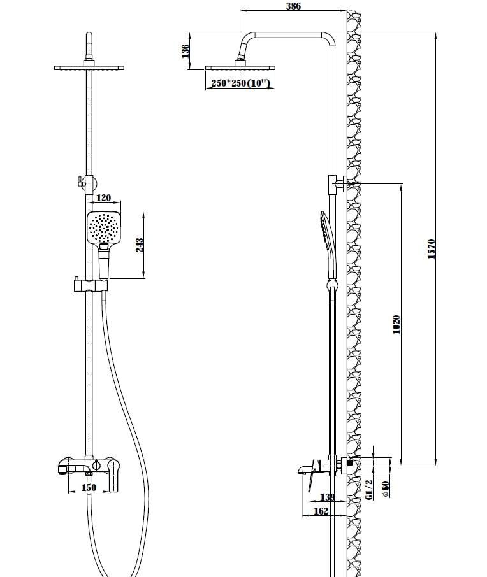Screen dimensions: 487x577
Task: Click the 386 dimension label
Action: pyautogui.click(x=293, y=6)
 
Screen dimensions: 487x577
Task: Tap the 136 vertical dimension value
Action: pyautogui.click(x=185, y=51)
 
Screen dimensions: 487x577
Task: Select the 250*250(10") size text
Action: pyautogui.click(x=240, y=83)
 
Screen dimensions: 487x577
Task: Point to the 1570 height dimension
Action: pyautogui.click(x=432, y=249)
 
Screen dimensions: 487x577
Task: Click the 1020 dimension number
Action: pyautogui.click(x=396, y=325)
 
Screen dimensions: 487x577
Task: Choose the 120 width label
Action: pyautogui.click(x=103, y=198)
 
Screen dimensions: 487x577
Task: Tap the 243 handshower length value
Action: pyautogui.click(x=140, y=245)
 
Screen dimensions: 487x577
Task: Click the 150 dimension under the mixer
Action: pyautogui.click(x=89, y=487)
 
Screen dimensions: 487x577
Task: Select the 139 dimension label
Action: pyautogui.click(x=328, y=497)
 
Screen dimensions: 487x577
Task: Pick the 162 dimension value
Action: pyautogui.click(x=321, y=511)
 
